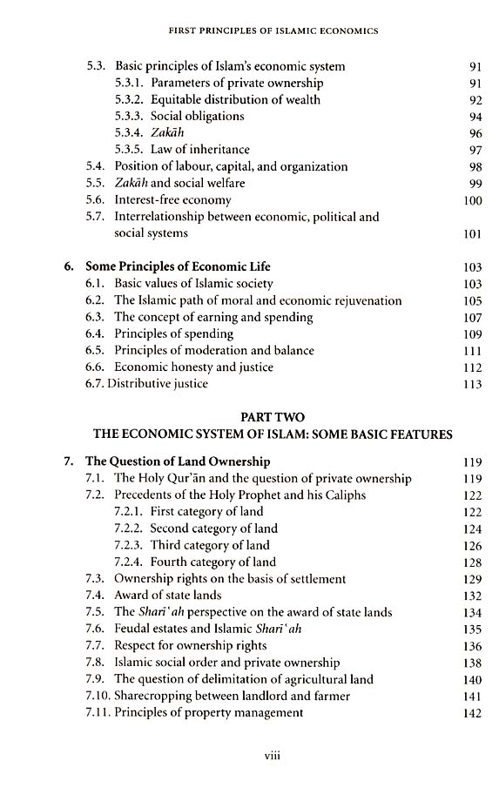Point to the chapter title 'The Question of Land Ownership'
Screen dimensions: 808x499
[178, 461]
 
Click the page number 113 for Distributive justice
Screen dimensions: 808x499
[472, 384]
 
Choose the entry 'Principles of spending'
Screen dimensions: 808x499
[174, 333]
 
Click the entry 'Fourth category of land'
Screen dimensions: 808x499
[212, 562]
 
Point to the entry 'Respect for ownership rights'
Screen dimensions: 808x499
[191, 646]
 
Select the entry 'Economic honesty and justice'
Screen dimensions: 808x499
[193, 367]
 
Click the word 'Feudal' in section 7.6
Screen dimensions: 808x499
[133, 629]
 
